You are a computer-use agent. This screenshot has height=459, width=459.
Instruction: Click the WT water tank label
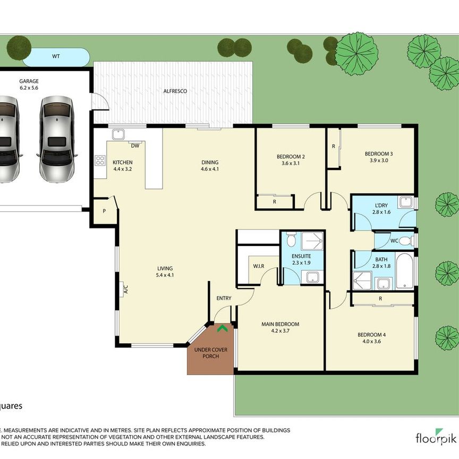point(55,55)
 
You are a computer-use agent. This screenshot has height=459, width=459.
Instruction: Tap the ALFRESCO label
point(175,91)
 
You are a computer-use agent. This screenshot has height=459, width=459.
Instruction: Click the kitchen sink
point(118,134)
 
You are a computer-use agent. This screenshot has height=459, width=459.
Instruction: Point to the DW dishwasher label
point(135,145)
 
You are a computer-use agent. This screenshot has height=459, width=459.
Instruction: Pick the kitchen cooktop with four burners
point(99,159)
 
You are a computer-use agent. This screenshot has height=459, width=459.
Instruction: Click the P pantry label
point(104,211)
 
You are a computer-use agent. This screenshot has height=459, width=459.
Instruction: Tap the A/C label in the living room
point(126,290)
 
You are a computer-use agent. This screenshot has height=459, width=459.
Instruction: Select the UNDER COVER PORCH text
point(210,353)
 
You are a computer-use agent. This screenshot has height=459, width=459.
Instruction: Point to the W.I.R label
point(259,266)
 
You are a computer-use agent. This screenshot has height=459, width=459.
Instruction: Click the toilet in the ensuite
point(290,241)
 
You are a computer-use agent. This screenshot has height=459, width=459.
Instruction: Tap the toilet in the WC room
point(406,241)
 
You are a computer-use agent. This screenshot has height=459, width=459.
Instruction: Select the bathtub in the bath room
point(404,270)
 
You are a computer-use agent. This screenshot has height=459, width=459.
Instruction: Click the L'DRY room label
point(380,205)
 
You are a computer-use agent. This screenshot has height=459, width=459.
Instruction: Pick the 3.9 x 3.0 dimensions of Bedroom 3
point(379,160)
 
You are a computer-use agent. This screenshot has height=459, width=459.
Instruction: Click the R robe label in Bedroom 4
point(380,299)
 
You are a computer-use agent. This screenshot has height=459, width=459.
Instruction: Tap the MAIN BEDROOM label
point(280,324)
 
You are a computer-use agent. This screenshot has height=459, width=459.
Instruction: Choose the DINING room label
point(209,163)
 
